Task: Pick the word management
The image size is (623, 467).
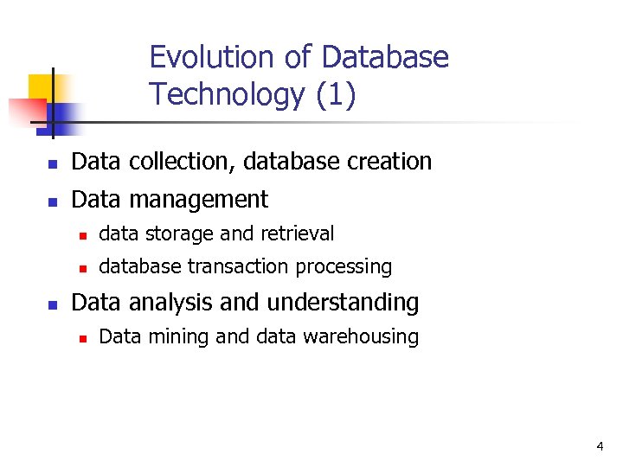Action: tap(199, 200)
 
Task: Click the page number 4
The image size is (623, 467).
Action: tap(600, 446)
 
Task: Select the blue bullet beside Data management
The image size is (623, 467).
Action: tap(52, 202)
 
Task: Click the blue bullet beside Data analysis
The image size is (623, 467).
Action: tap(52, 304)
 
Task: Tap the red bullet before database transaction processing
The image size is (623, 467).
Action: tap(81, 269)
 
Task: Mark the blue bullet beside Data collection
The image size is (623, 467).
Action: tap(52, 163)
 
